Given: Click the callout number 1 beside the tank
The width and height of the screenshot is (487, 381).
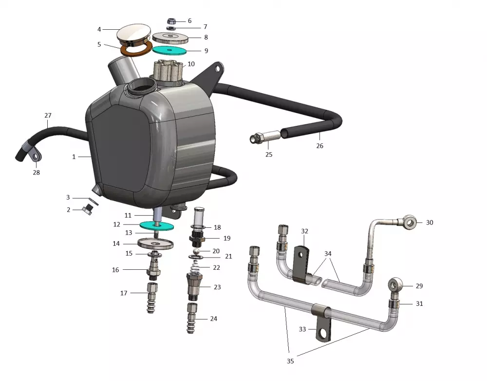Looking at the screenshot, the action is [x=74, y=157].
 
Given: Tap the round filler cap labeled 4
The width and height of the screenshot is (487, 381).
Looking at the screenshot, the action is [x=134, y=35].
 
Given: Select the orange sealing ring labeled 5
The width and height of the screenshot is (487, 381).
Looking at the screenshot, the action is [x=136, y=49].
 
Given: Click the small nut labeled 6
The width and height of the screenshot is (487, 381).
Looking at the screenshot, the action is [x=171, y=21].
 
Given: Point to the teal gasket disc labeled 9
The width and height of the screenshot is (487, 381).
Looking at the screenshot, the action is [x=169, y=50].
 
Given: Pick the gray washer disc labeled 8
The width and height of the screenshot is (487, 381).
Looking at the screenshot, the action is [x=170, y=38].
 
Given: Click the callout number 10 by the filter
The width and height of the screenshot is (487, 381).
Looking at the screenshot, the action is [x=191, y=64].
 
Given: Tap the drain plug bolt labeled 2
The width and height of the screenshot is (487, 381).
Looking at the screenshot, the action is [x=88, y=210].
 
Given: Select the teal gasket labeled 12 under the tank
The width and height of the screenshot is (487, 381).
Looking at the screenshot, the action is [x=156, y=225].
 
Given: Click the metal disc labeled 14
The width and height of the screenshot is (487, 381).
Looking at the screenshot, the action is [x=155, y=243].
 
